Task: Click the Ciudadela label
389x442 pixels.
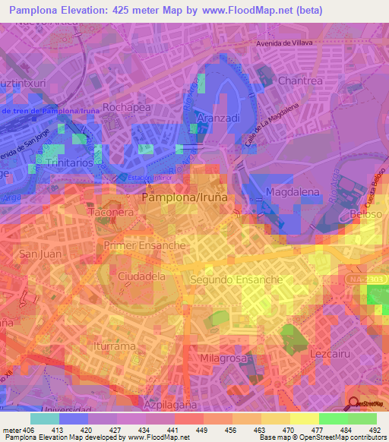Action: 142,277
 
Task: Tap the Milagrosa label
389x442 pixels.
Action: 225,357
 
